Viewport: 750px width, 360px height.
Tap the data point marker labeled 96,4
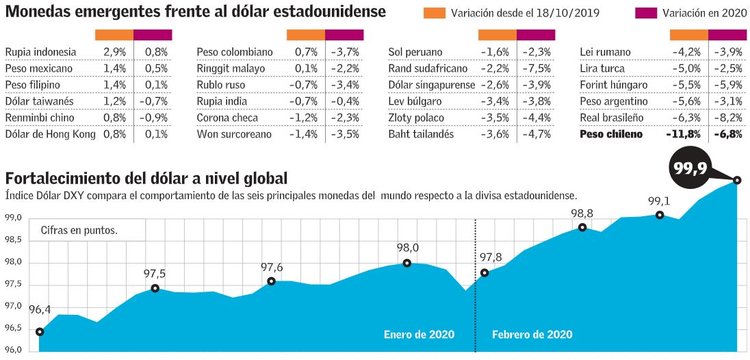pyautogui.click(x=40, y=332)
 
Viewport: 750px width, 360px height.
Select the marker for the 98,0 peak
pyautogui.click(x=407, y=263)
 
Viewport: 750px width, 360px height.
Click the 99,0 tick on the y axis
pyautogui.click(x=14, y=218)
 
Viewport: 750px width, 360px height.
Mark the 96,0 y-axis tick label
pyautogui.click(x=14, y=351)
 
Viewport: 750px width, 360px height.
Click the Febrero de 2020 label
pyautogui.click(x=532, y=335)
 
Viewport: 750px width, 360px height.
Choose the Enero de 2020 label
pyautogui.click(x=419, y=335)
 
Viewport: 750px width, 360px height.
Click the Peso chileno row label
pyautogui.click(x=611, y=134)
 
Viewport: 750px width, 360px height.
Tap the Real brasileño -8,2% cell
pyautogui.click(x=727, y=118)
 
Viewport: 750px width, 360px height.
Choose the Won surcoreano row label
pyautogui.click(x=234, y=134)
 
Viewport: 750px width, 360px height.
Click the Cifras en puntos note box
pyautogui.click(x=79, y=230)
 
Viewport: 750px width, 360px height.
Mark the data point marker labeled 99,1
pyautogui.click(x=660, y=215)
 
